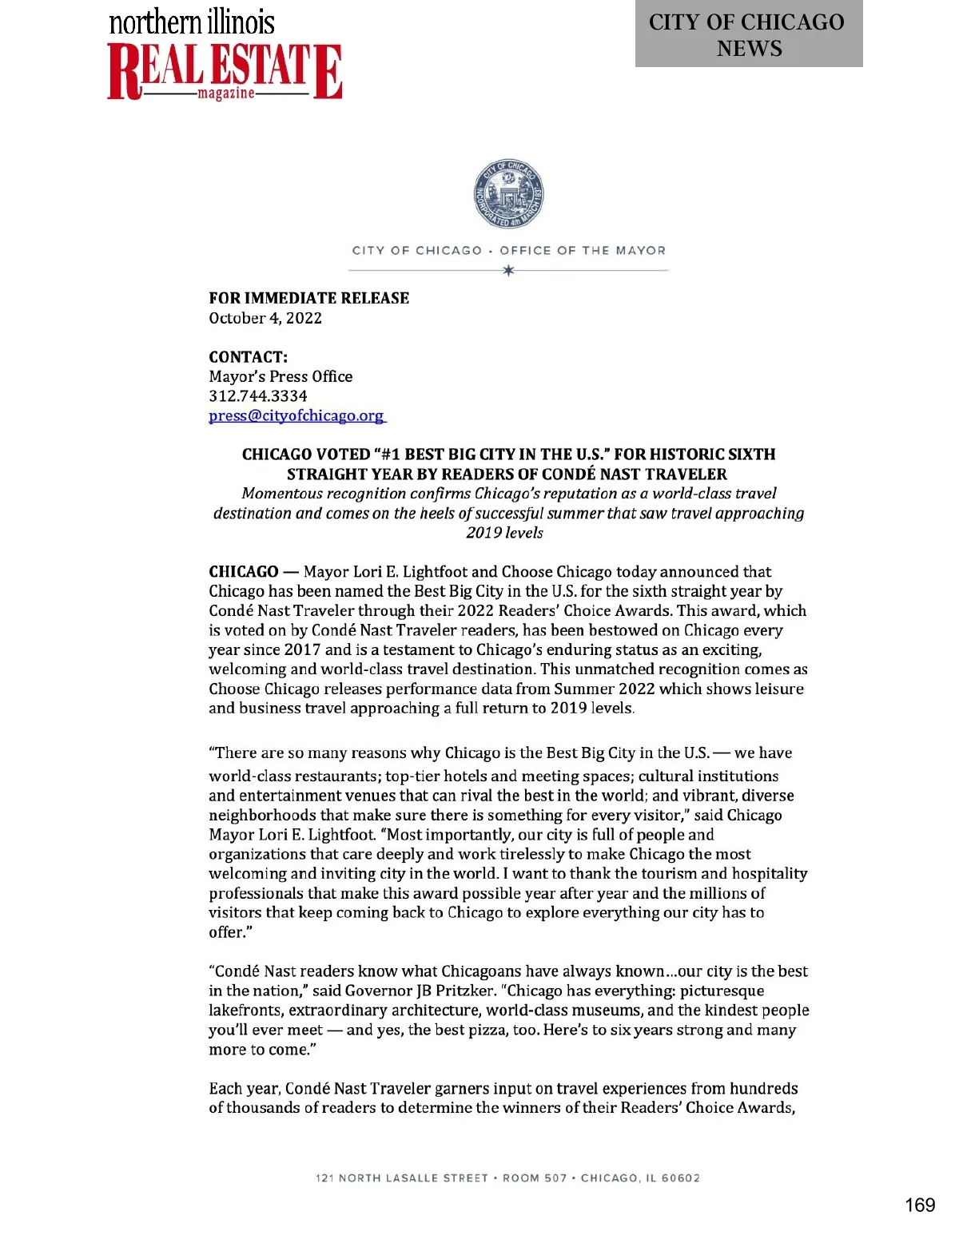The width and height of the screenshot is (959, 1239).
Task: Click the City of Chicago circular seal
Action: tap(508, 194)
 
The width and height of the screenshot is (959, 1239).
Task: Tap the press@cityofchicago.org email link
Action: tap(296, 415)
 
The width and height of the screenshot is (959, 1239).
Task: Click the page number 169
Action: tap(919, 1205)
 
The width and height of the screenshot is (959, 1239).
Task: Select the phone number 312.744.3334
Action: tap(257, 396)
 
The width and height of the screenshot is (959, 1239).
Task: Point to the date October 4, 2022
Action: tap(265, 318)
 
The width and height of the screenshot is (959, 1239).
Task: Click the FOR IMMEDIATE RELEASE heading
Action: tap(308, 298)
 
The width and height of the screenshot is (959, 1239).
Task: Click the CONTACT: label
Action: tap(248, 357)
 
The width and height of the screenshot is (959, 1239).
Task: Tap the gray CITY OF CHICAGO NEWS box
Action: tap(748, 34)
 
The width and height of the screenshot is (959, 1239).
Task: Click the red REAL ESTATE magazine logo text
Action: tap(225, 71)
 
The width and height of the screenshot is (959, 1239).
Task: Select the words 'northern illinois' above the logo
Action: tap(192, 22)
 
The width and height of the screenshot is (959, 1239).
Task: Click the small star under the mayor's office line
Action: tap(508, 271)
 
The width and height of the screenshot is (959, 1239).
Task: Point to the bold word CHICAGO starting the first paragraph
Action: tap(243, 572)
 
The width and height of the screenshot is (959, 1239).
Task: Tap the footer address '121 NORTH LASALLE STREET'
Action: tap(401, 1178)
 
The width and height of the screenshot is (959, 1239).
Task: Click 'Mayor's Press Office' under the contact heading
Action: tap(281, 376)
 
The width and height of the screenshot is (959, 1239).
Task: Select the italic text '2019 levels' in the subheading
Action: tap(504, 533)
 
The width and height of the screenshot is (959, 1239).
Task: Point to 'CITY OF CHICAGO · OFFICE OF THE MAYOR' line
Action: tap(508, 251)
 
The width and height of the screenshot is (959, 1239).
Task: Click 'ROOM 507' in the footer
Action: tap(535, 1178)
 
